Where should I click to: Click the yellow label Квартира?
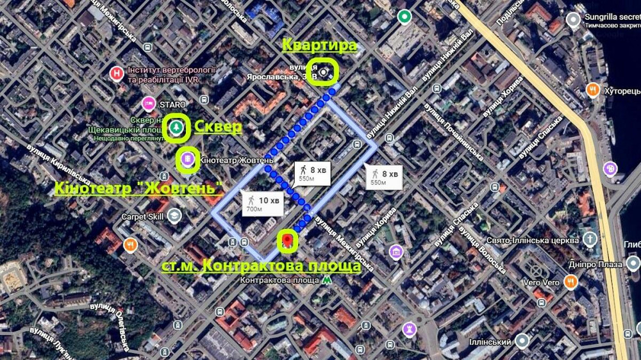tap(319, 45)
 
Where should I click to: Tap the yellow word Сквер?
tap(218, 127)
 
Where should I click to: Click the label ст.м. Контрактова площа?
tap(260, 266)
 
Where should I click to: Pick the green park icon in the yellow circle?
tap(177, 127)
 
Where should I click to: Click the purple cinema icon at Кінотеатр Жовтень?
tap(187, 159)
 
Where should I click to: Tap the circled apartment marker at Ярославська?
tap(325, 71)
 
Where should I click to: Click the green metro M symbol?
tap(328, 280)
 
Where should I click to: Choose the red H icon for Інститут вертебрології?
tap(116, 74)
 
